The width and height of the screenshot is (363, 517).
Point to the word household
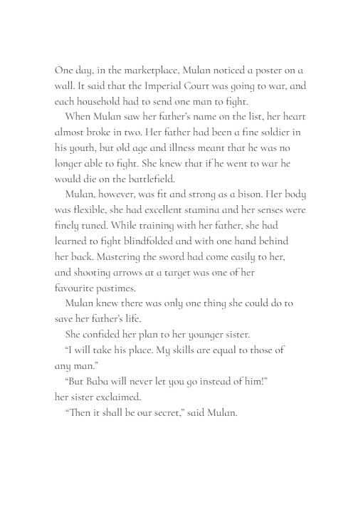coord(102,101)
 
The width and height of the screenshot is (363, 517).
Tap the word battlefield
coord(148,179)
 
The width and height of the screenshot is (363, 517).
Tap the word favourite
coord(78,288)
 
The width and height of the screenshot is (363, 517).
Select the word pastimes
coord(125,288)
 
